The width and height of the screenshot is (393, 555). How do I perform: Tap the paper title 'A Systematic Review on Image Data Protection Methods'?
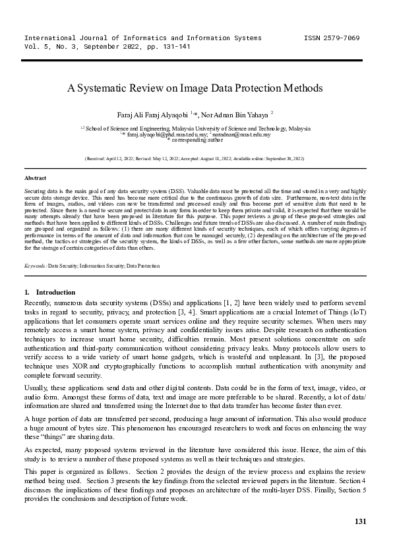pos(196,88)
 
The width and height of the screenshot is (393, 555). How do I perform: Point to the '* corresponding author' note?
pos(196,140)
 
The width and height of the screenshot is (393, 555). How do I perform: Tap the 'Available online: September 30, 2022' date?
pos(271,159)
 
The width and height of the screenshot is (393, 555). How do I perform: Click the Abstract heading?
pos(35,178)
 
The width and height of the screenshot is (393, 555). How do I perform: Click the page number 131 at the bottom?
pos(360,522)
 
